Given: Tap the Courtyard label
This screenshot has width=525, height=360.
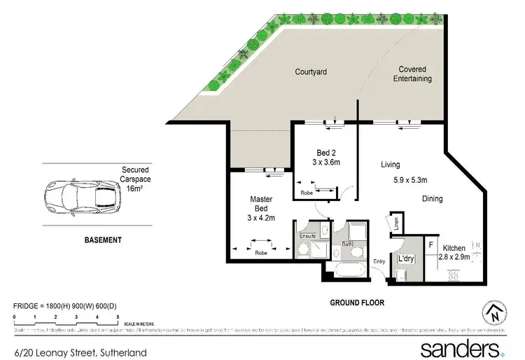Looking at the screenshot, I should [311, 71].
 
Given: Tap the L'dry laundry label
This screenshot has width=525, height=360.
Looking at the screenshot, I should [407, 259].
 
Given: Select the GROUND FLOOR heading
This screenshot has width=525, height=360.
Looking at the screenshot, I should [358, 303].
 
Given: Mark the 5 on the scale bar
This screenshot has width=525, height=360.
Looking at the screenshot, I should [118, 317].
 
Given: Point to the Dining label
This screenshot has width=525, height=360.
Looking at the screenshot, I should [432, 199].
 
